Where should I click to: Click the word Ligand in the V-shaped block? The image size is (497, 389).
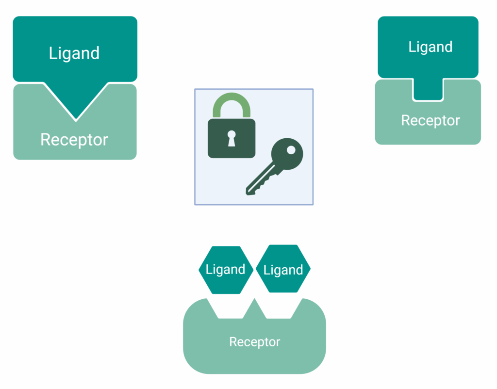[74, 53]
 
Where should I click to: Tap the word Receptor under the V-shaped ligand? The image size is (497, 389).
[74, 140]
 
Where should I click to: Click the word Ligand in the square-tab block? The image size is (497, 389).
[431, 47]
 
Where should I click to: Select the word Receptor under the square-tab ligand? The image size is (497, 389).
[430, 120]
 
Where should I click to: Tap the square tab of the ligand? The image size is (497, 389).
[428, 90]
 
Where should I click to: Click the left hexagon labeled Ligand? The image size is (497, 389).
[226, 270]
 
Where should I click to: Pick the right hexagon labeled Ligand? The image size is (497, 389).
[283, 270]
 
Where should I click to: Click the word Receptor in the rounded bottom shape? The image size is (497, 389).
[254, 342]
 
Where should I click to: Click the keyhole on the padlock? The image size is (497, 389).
[232, 138]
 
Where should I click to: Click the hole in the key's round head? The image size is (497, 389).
[291, 150]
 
